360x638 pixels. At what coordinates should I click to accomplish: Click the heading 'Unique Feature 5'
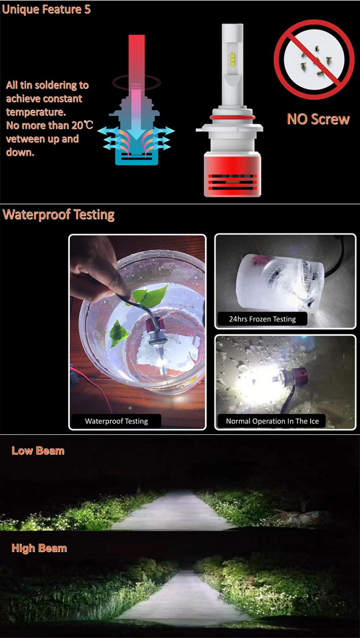[46, 9]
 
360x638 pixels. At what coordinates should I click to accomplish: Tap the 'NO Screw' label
[318, 119]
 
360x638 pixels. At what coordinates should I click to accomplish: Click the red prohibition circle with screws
[314, 60]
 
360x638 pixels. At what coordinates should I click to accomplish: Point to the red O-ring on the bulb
[232, 117]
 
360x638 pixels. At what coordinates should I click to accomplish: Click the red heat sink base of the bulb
[232, 174]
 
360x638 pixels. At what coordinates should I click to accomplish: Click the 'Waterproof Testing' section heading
[59, 215]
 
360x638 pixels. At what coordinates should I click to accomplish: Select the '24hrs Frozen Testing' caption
[262, 319]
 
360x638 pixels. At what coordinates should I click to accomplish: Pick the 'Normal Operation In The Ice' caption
[273, 421]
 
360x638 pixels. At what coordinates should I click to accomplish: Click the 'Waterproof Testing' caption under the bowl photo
[116, 421]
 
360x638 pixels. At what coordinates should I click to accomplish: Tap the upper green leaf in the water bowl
[150, 296]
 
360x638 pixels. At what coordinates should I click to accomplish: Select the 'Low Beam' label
[38, 451]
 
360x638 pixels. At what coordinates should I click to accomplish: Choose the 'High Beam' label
[39, 548]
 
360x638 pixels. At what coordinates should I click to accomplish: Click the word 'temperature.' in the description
[36, 112]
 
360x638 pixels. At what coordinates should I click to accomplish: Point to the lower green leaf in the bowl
[118, 333]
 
